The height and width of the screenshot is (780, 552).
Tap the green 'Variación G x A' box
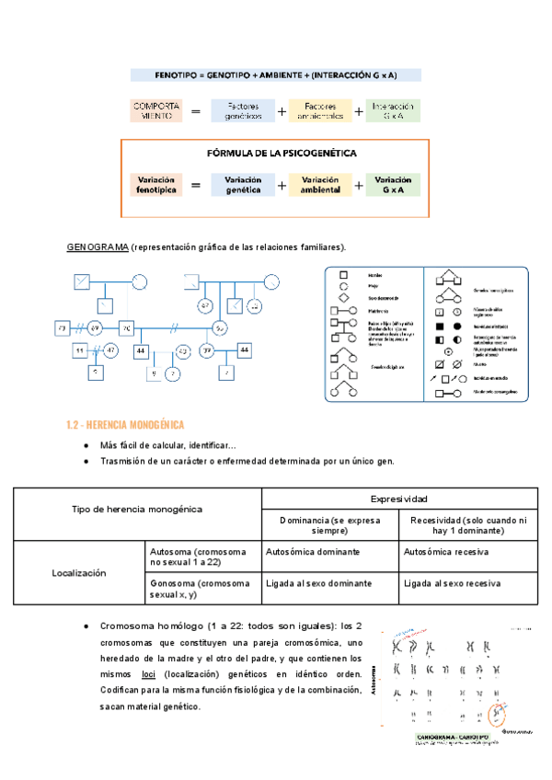click(393, 185)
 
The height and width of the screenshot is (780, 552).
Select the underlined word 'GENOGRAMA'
click(97, 247)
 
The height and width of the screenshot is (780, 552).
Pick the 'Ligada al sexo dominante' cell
click(317, 584)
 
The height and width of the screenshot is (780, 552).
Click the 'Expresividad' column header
click(399, 498)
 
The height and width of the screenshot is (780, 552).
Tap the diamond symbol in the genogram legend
click(342, 298)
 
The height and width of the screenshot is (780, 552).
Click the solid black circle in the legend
click(457, 326)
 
